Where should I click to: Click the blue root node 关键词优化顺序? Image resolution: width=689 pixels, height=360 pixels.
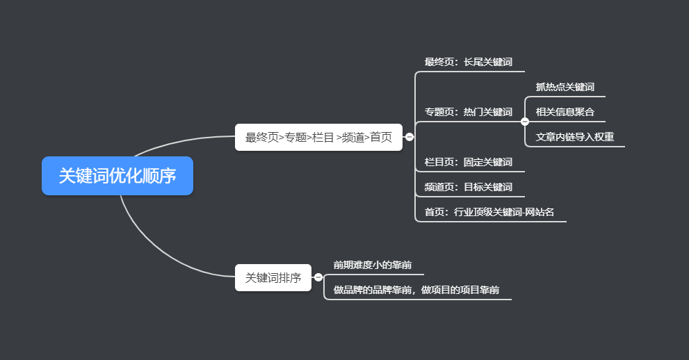(x=117, y=176)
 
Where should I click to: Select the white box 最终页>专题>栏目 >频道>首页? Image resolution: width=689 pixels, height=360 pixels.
(x=318, y=137)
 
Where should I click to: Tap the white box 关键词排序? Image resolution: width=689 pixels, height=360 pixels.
(x=273, y=277)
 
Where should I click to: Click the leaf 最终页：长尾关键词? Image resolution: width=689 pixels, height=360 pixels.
(x=469, y=63)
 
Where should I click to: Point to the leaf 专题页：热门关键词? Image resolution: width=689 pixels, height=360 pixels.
(x=468, y=112)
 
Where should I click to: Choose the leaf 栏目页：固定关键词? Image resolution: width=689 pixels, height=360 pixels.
(x=468, y=163)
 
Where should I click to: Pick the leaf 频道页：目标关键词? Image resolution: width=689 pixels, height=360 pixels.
(x=468, y=187)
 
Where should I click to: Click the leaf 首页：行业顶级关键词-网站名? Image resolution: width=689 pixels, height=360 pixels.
(x=489, y=213)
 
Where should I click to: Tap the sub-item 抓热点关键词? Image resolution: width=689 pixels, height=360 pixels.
(x=565, y=87)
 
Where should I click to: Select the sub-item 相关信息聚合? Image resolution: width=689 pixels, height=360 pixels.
(x=565, y=112)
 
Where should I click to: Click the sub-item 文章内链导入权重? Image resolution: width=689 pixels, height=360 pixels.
(x=574, y=137)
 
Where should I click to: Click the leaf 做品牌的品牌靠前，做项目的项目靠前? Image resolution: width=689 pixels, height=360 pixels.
(x=416, y=290)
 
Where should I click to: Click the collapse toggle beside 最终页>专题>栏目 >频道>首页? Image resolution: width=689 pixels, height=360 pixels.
(x=410, y=137)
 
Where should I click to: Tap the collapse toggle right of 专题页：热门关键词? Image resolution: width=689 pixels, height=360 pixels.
(x=525, y=121)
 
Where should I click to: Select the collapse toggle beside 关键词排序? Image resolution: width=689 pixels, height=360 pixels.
(x=318, y=277)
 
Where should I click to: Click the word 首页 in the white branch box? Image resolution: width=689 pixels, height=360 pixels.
(x=381, y=137)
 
